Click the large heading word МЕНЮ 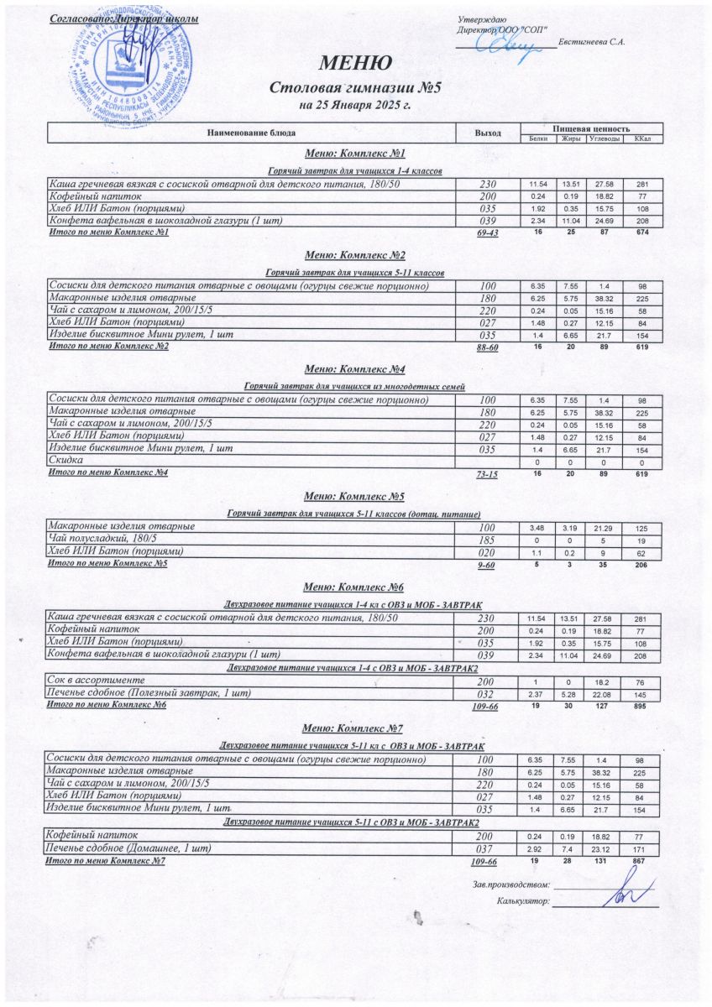click(355, 64)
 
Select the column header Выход click(487, 133)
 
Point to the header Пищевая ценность click(591, 128)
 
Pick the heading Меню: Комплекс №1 click(355, 154)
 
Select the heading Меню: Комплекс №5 click(355, 496)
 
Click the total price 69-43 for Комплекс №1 click(487, 233)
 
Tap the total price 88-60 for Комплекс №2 click(487, 347)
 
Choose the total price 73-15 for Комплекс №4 click(487, 475)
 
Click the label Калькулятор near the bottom click(522, 902)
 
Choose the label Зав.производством click(511, 884)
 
